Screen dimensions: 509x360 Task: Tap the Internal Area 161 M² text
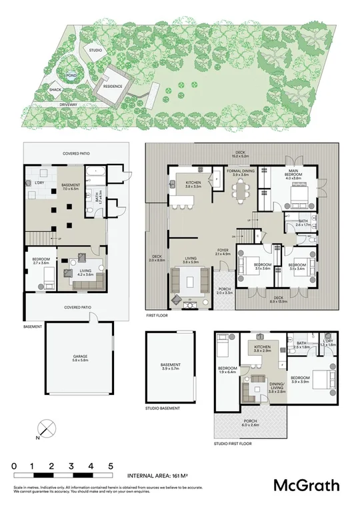pyautogui.click(x=159, y=477)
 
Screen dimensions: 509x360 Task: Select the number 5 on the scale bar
pyautogui.click(x=110, y=466)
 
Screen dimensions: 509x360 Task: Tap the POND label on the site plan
pyautogui.click(x=70, y=76)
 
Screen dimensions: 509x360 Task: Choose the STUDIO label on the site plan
pyautogui.click(x=95, y=51)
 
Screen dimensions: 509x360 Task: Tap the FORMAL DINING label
pyautogui.click(x=241, y=171)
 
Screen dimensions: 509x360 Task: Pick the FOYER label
pyautogui.click(x=223, y=251)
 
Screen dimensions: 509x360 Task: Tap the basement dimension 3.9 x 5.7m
pyautogui.click(x=171, y=368)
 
